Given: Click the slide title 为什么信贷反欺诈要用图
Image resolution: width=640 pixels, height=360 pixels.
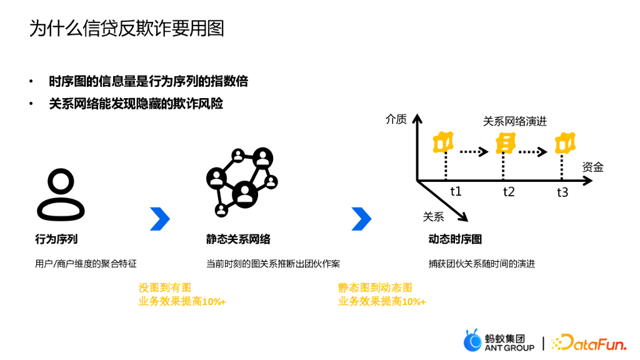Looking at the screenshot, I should tap(127, 29).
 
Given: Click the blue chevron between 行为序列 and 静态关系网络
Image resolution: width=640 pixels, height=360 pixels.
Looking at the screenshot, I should tap(160, 219).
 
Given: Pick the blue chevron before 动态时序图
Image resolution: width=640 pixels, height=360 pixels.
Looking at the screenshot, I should tap(361, 219).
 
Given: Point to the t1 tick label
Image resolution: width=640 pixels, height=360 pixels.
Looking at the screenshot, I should tap(456, 191).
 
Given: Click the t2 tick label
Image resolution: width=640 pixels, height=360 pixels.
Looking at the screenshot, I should tap(509, 192).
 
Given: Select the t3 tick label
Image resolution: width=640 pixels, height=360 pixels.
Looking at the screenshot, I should tap(562, 192).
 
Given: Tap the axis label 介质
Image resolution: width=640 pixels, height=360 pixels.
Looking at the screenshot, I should tap(396, 119).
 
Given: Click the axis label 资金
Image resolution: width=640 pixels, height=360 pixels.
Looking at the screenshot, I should tap(592, 167).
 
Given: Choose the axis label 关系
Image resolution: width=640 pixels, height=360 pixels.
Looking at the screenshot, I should tap(433, 217).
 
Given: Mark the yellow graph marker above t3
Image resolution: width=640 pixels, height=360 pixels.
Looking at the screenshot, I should tap(564, 143).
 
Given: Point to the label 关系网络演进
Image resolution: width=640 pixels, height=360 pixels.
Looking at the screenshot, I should tap(514, 121).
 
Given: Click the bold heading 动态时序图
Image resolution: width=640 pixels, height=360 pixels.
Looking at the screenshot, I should tap(455, 239).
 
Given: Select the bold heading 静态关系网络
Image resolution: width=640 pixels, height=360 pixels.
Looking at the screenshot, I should tap(238, 239).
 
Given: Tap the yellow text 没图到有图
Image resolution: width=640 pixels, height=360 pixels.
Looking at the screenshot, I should tap(164, 287).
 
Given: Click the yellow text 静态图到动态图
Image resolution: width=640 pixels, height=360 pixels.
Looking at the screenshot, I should tap(375, 287).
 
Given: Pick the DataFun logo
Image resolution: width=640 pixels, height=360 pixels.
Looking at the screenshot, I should tap(589, 342).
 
